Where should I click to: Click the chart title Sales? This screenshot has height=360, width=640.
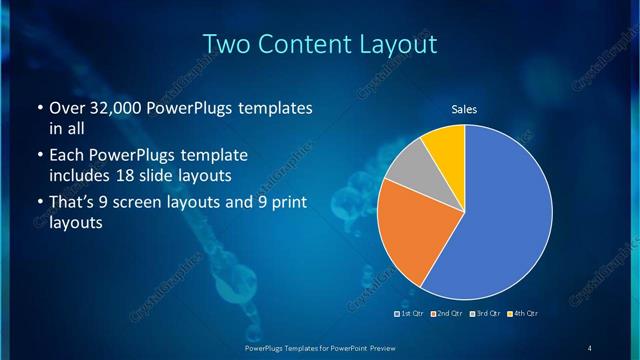(464, 109)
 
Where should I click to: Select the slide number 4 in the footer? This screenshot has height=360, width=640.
(590, 347)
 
